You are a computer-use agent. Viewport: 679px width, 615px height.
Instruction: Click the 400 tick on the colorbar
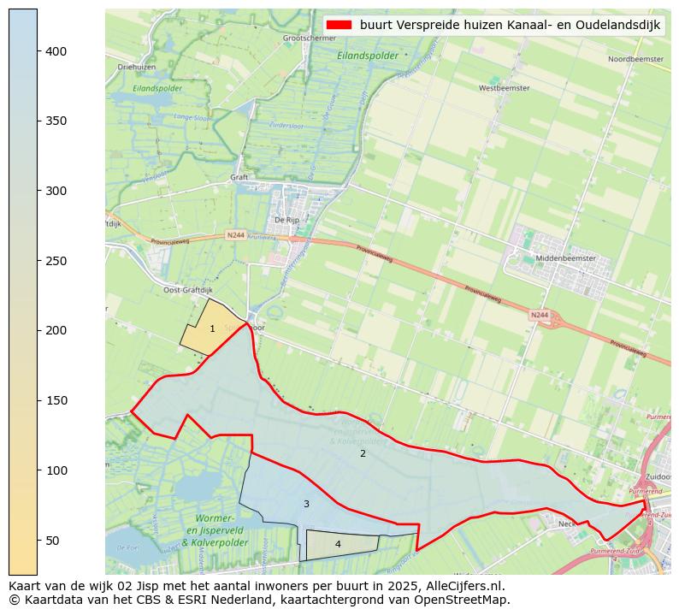38,51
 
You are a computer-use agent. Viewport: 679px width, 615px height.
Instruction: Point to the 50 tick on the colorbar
38,540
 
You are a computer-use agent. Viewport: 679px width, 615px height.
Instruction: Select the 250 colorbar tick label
55,261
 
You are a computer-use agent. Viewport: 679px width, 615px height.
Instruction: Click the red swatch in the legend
339,25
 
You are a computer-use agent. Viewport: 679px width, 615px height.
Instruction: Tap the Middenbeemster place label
563,258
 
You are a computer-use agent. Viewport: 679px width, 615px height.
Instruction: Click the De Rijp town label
286,220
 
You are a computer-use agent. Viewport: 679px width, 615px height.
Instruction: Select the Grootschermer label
309,38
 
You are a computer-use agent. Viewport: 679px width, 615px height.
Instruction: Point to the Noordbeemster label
635,59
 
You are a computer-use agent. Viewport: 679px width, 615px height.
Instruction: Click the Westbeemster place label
504,88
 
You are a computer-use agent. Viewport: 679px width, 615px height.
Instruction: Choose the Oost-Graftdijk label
182,290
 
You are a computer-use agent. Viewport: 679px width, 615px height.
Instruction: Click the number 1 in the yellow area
212,328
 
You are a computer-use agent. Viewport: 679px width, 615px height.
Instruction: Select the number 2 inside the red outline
363,453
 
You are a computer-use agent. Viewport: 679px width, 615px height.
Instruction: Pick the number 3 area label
306,504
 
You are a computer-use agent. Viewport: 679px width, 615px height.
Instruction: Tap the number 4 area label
338,544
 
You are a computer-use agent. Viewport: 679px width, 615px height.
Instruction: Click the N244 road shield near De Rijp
236,234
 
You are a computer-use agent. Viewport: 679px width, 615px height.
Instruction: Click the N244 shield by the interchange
539,315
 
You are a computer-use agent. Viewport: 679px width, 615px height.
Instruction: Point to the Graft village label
239,178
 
